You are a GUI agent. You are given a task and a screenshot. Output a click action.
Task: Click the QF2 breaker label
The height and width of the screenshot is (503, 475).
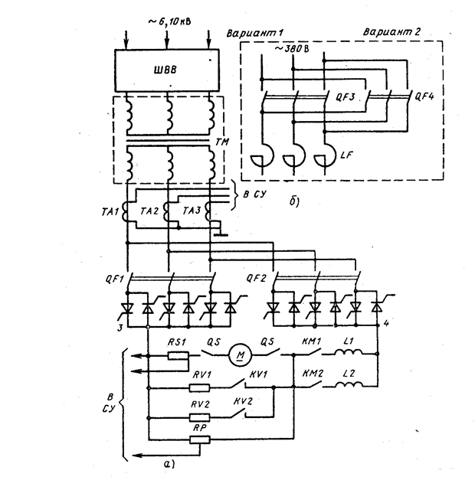[257, 279]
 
